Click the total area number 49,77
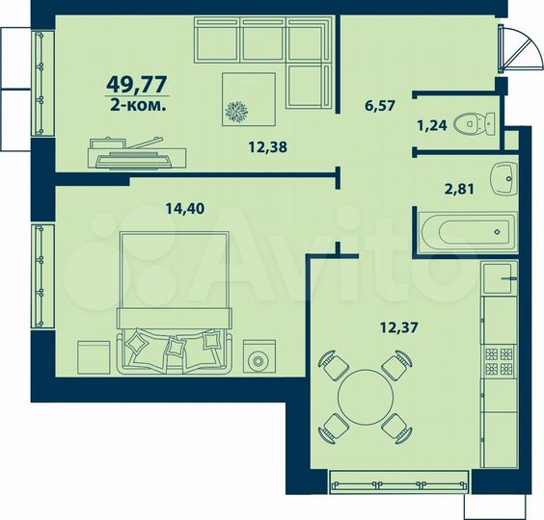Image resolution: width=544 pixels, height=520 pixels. click(137, 85)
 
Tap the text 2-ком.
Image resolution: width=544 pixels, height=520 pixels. click(138, 105)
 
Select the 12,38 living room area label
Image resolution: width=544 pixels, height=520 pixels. click(268, 147)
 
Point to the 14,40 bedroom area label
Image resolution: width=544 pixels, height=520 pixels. click(185, 208)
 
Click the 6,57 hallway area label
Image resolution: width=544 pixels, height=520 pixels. click(380, 105)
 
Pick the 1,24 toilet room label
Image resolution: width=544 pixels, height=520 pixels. click(432, 125)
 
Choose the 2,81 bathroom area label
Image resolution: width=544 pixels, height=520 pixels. click(459, 189)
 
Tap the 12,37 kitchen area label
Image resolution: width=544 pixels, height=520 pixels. click(399, 326)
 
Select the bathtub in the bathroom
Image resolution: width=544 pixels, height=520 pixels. click(469, 232)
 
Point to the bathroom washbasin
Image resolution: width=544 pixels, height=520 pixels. click(503, 179)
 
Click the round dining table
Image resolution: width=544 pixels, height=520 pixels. click(366, 397)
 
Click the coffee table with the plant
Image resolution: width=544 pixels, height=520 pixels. click(249, 99)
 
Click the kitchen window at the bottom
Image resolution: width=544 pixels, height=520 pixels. click(398, 481)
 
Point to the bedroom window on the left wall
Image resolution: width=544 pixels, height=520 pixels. click(42, 276)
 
